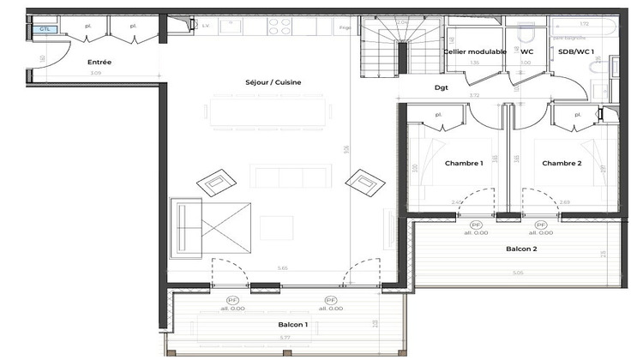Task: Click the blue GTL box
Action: [x=44, y=29]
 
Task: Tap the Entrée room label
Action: [x=99, y=63]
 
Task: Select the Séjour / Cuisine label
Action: [x=273, y=82]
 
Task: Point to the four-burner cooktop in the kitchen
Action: [x=279, y=27]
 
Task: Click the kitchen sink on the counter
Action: [x=231, y=27]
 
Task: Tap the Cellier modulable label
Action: [x=474, y=52]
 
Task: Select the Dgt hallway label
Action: [x=442, y=87]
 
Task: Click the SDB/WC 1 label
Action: [x=576, y=52]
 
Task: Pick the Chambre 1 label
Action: [x=464, y=163]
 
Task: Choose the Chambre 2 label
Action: [x=562, y=163]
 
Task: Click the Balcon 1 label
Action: [x=292, y=325]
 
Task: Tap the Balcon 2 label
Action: [x=521, y=249]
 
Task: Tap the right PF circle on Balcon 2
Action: [x=540, y=225]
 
